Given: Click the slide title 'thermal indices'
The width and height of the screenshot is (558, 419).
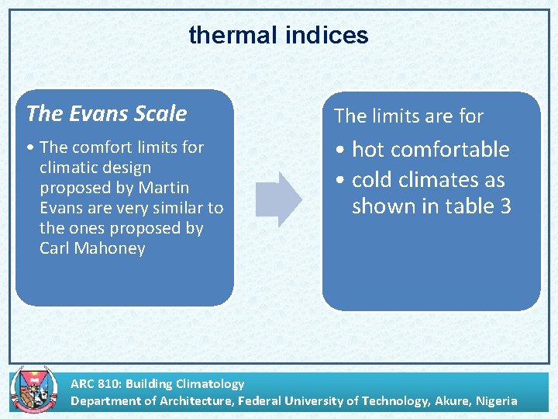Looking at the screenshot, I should [278, 35].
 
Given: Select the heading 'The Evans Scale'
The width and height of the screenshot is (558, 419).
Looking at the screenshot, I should [106, 113].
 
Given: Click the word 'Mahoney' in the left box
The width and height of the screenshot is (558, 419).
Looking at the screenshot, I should [112, 248].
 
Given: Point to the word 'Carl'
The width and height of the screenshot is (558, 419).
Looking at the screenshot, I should [54, 248].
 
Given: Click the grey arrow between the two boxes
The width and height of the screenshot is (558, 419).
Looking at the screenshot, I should [278, 199].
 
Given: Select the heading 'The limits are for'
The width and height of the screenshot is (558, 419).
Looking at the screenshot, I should [408, 116].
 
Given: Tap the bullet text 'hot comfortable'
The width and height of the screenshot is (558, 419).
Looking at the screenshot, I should [430, 150].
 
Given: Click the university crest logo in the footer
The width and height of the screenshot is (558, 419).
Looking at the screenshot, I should [29, 390].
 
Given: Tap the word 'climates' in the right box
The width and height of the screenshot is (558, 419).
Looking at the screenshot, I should [441, 180].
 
